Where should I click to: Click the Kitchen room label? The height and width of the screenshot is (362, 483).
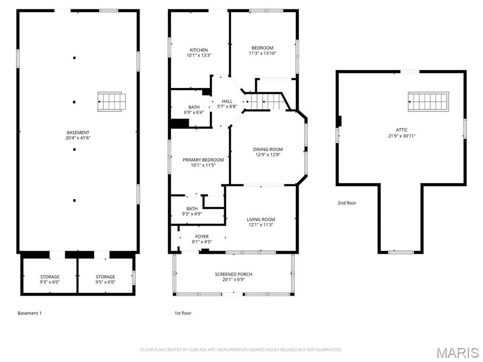tap(199, 50)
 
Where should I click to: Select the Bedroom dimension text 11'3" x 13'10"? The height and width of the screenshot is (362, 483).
tap(262, 54)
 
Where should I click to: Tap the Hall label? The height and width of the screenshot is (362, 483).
tap(227, 101)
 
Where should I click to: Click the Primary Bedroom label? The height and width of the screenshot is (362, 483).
tap(203, 160)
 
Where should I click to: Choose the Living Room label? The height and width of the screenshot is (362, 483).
tap(261, 219)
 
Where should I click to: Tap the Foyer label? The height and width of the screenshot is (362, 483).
tap(202, 237)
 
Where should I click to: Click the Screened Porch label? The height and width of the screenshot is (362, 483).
tap(233, 274)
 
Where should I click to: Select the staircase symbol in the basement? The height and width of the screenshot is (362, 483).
tap(112, 102)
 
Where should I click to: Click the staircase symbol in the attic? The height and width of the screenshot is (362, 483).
tap(428, 102)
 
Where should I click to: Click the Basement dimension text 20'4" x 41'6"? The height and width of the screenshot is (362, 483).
tap(78, 139)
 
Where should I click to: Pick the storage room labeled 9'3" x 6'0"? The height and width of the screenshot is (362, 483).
tap(50, 280)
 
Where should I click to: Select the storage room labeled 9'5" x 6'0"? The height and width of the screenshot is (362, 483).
tap(105, 280)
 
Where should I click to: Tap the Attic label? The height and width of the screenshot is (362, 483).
tap(402, 130)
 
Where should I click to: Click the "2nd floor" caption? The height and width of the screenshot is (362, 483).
tap(347, 203)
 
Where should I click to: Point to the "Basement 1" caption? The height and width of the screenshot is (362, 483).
tap(30, 313)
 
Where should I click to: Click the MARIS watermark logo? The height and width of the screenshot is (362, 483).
tap(457, 353)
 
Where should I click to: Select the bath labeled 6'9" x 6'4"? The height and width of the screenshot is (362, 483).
tap(194, 110)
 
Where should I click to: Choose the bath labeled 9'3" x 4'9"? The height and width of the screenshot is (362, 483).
tap(192, 211)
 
